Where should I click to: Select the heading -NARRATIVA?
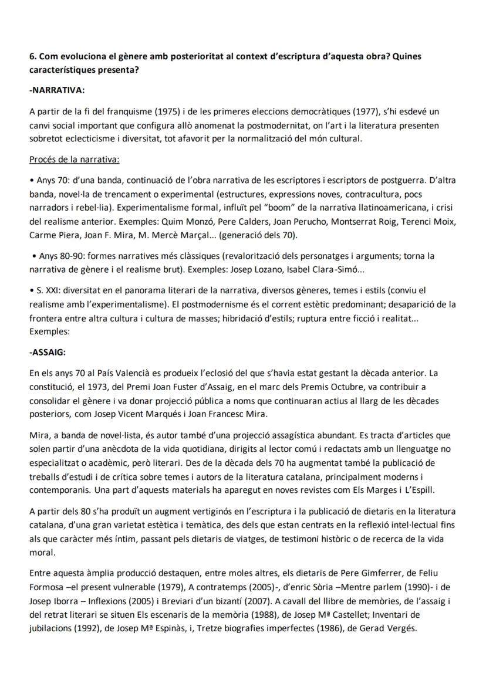[x=57, y=92]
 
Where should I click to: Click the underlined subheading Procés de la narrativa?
[x=75, y=159]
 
